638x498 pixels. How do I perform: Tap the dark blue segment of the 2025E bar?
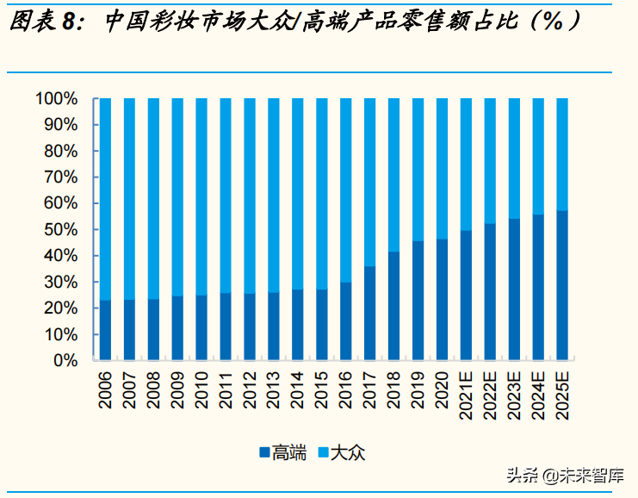click(561, 285)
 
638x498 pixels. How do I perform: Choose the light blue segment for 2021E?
click(466, 164)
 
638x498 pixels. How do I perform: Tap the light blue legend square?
click(324, 452)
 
